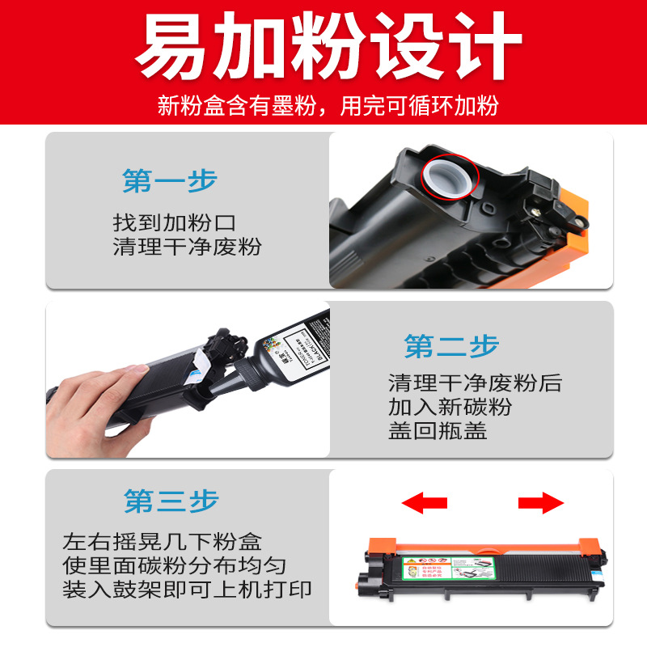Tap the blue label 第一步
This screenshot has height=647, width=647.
click(x=170, y=181)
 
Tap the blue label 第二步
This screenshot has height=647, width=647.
click(x=451, y=347)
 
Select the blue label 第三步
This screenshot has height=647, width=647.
click(x=171, y=501)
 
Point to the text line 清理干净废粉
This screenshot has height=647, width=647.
click(x=188, y=247)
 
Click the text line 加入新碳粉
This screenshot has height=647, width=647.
click(x=450, y=406)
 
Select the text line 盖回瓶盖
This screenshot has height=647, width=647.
click(x=438, y=430)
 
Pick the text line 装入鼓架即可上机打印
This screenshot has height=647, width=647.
click(x=188, y=588)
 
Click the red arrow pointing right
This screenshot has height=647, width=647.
click(x=540, y=503)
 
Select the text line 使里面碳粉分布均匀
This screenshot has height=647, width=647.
click(x=174, y=565)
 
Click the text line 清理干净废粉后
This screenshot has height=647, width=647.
click(x=474, y=382)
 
